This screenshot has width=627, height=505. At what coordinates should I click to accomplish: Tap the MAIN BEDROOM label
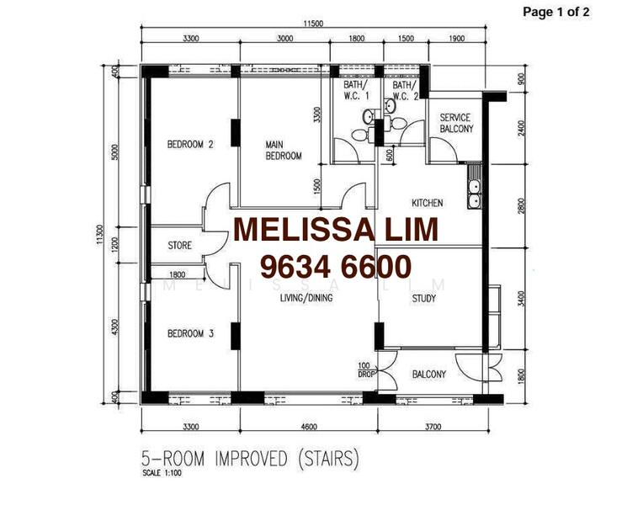pos(284,150)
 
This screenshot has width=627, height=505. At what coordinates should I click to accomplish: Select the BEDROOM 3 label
pos(190,333)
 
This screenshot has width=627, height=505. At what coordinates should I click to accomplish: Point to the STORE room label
pos(179,246)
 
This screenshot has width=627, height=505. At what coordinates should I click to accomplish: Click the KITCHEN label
pos(427,204)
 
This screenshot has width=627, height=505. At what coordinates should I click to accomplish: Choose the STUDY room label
pos(423,298)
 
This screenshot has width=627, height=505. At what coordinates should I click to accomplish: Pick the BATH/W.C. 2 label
pos(405,91)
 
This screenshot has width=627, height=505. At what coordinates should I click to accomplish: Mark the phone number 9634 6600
pos(335,267)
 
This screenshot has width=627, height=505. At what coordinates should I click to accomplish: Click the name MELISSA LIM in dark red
pos(335,230)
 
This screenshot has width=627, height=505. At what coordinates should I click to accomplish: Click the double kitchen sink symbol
pos(475,194)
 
